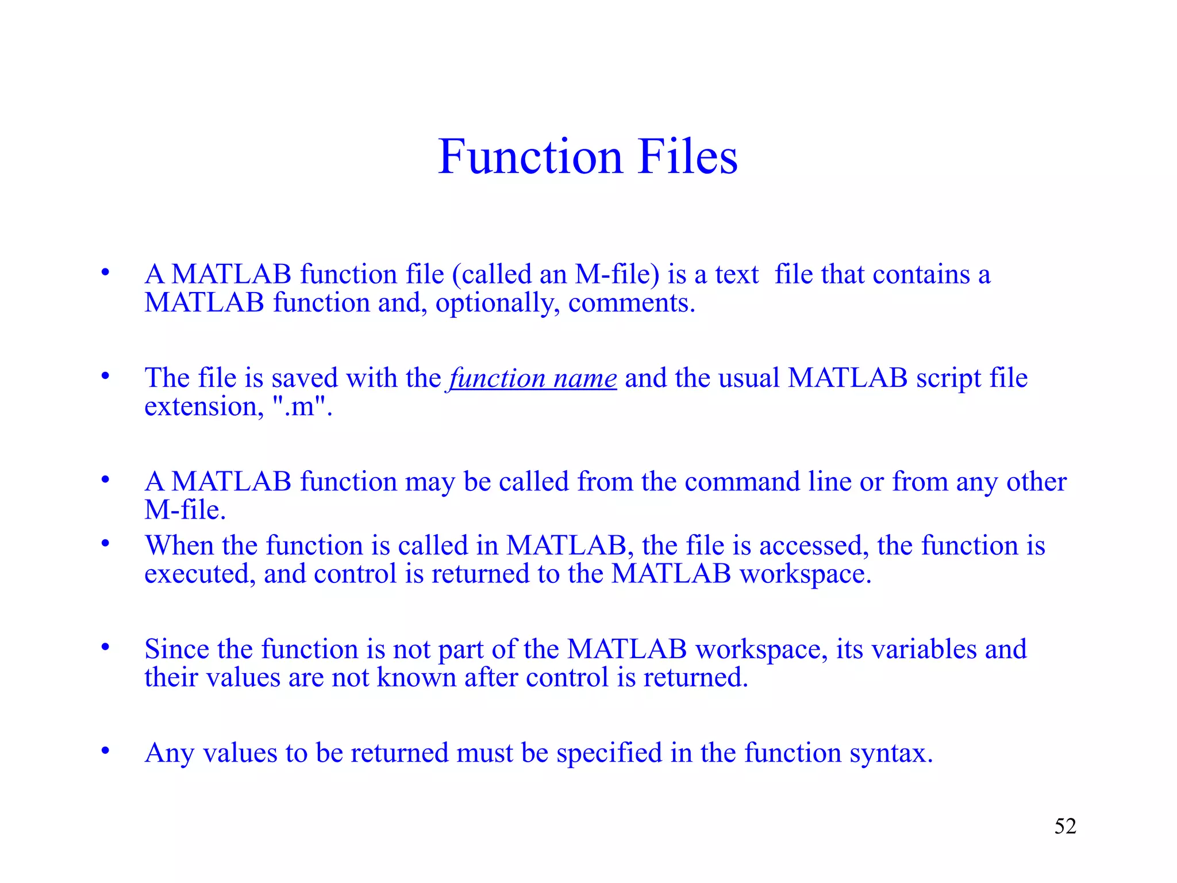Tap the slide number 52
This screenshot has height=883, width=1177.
coord(1065,826)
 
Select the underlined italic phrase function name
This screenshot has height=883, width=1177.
coord(533,378)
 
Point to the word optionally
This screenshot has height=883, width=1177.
coord(497,304)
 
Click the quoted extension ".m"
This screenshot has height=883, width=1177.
coord(301,407)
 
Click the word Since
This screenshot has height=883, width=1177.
coord(176,649)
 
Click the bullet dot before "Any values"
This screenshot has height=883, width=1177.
coord(105,750)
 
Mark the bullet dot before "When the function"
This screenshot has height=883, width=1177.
coord(105,543)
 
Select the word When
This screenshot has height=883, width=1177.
coord(179,546)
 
